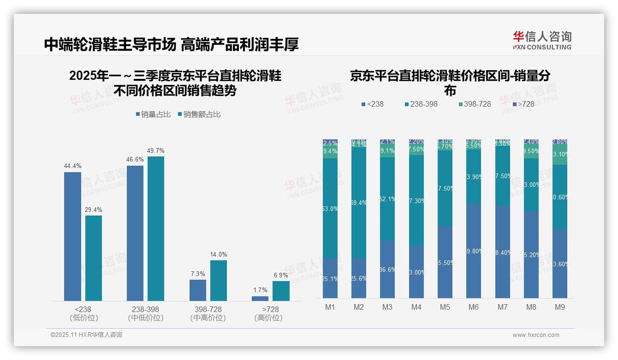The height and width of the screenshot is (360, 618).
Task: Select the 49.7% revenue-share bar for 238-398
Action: [156, 228]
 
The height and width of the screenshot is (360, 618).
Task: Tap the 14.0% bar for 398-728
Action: [219, 281]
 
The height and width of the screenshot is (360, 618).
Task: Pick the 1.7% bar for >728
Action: [260, 299]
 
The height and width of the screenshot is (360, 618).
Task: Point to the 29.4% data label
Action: [93, 210]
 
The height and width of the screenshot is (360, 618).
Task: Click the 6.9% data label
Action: [281, 275]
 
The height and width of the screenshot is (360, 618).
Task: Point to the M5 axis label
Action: [445, 307]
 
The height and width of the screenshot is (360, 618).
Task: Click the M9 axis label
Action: [559, 307]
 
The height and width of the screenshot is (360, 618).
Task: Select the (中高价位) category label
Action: [208, 318]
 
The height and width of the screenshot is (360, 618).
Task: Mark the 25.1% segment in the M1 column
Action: [330, 278]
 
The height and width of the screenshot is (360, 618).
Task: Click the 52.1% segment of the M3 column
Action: [387, 199]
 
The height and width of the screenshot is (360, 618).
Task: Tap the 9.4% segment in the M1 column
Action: [330, 151]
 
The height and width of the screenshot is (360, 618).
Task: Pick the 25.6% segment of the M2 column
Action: [359, 278]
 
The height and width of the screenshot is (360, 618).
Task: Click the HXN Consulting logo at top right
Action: [542, 40]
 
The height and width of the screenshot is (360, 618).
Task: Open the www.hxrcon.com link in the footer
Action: [536, 335]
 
